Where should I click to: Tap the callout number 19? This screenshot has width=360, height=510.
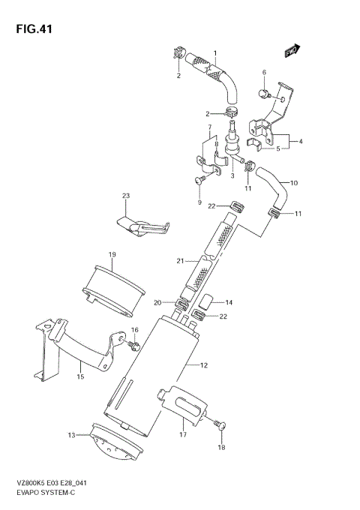(111, 255)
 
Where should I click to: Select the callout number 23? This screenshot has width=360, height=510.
(126, 196)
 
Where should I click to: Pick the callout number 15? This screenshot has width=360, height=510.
(79, 379)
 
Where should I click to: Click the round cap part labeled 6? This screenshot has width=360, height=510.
(265, 93)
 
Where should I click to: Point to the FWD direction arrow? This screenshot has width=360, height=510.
(291, 51)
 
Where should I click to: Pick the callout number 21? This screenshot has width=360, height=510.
(179, 260)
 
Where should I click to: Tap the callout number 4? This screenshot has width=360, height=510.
(300, 141)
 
